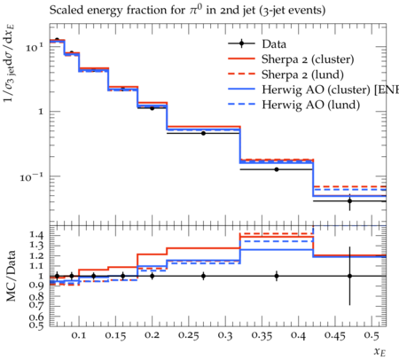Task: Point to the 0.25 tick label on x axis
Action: [x=189, y=336]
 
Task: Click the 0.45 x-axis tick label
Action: [x=335, y=336]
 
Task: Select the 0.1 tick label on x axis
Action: [x=79, y=335]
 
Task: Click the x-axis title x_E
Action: [x=380, y=351]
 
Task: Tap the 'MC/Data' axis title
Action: [x=11, y=276]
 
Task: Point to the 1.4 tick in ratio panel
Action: [x=36, y=235]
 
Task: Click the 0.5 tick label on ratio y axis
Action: [x=36, y=325]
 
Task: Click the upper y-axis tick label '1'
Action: [x=41, y=112]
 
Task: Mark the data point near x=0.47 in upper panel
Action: [x=349, y=201]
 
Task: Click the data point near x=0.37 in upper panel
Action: [x=277, y=169]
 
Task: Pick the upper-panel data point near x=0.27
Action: [x=203, y=133]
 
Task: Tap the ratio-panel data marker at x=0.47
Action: [x=349, y=276]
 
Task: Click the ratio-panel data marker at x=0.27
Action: [x=203, y=276]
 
